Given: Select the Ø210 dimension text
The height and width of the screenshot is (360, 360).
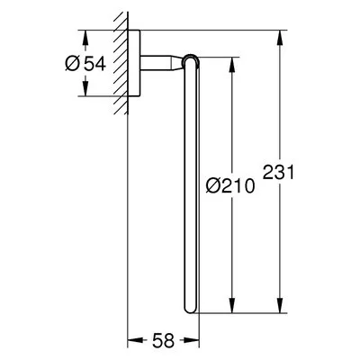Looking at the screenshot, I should [230, 185].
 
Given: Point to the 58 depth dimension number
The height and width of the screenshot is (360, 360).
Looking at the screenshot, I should [163, 341].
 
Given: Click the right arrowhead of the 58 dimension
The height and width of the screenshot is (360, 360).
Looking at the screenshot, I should [192, 341].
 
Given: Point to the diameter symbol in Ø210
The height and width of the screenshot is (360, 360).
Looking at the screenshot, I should [211, 185].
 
